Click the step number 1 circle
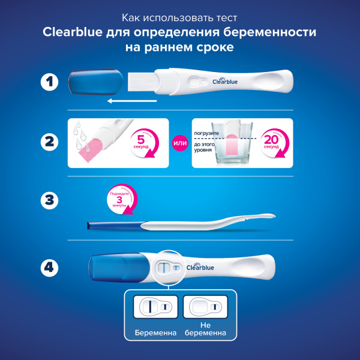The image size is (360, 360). point(49,82)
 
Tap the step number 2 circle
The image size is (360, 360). point(49,143)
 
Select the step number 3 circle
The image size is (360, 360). point(49,202)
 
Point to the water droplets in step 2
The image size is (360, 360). point(79,135)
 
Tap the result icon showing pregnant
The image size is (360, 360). point(155,307)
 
